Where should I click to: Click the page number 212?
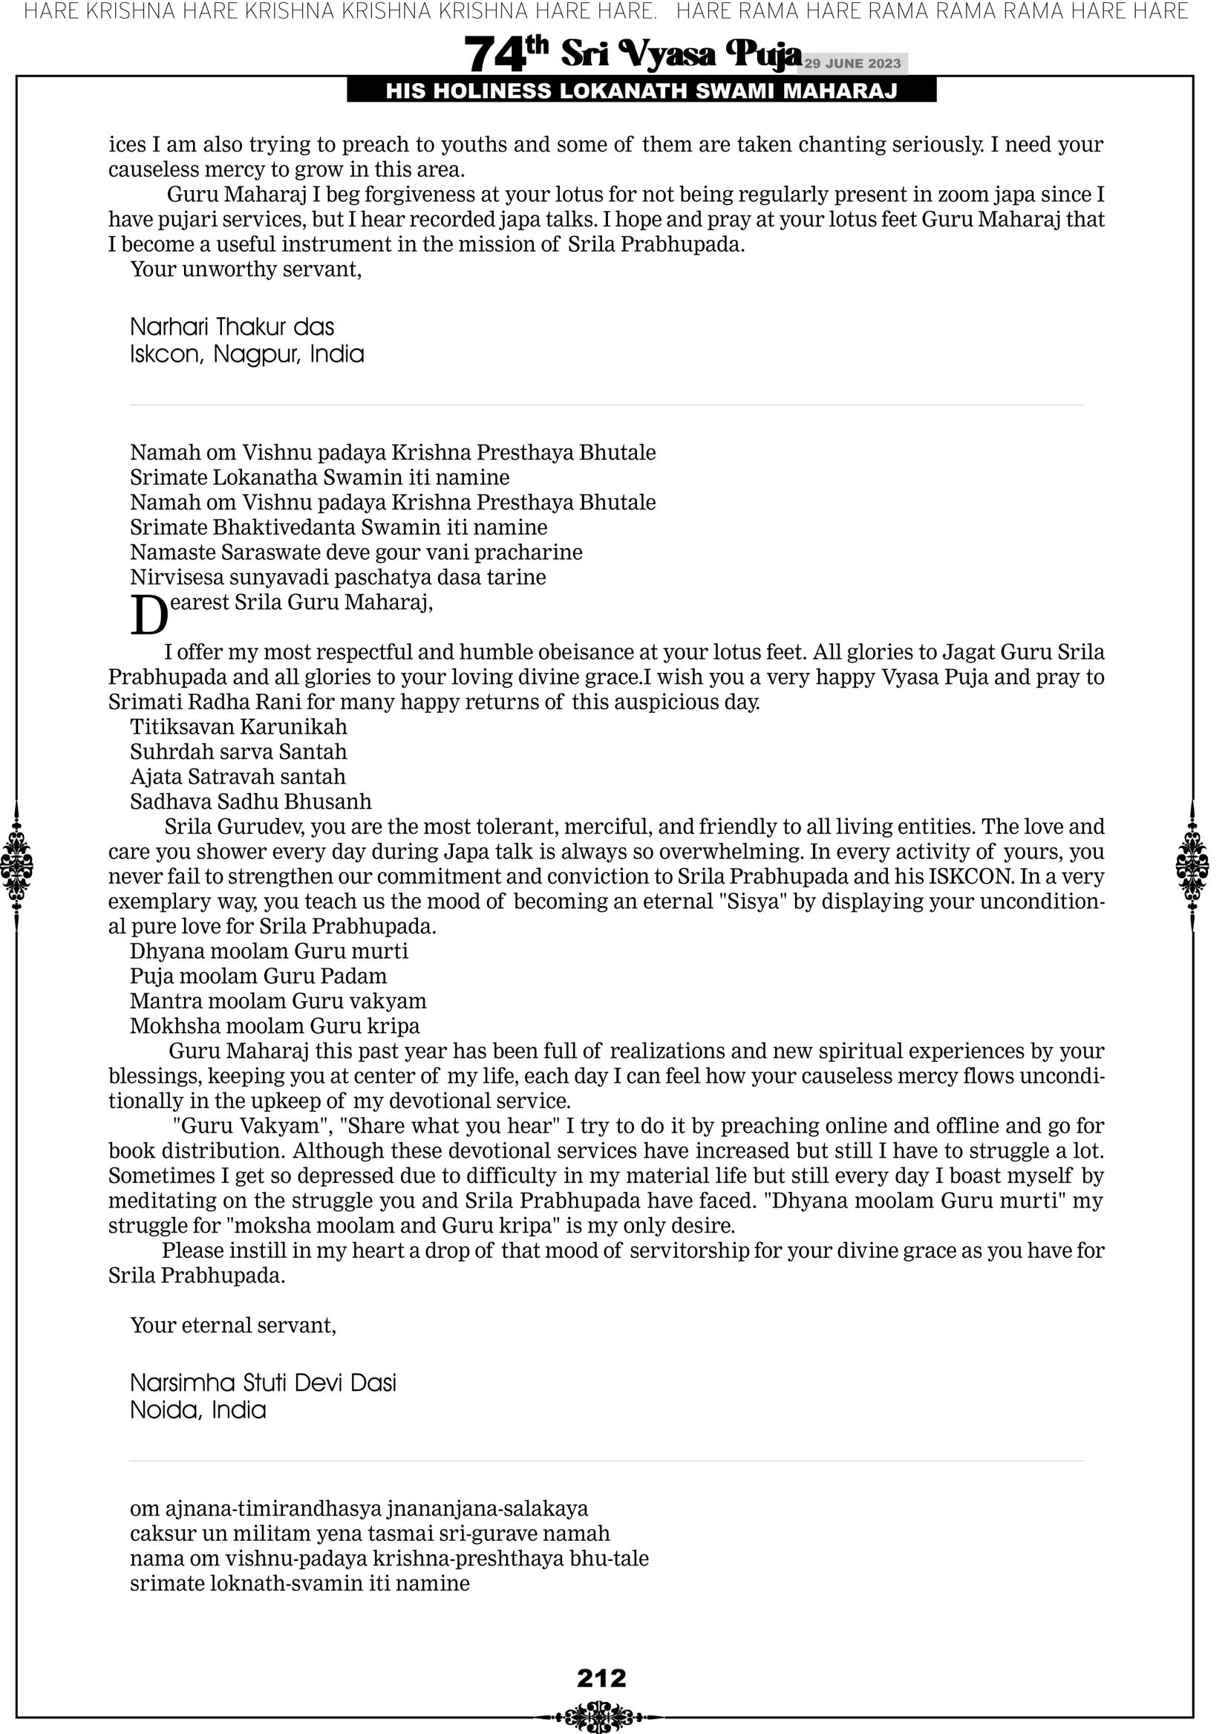tap(601, 1678)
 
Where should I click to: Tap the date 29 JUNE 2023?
tap(852, 63)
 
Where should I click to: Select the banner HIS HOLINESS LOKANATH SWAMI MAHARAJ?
tap(641, 91)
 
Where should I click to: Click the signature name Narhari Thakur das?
tap(232, 327)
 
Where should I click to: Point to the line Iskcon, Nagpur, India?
tap(247, 354)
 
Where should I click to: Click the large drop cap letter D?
tap(148, 616)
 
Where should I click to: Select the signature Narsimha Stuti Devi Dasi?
tap(263, 1383)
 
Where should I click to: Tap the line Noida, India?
tap(198, 1410)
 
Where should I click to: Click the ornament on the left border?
tap(16, 865)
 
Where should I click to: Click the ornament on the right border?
tap(1192, 865)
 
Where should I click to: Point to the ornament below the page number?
tap(599, 1716)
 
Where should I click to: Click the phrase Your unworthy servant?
tap(246, 269)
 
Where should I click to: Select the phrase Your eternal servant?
tap(232, 1326)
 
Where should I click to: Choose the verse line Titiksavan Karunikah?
tap(238, 726)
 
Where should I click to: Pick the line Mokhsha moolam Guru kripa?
tap(275, 1026)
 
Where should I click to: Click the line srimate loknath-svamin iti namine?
tap(300, 1583)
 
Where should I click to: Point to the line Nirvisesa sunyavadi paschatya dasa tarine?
tap(338, 577)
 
